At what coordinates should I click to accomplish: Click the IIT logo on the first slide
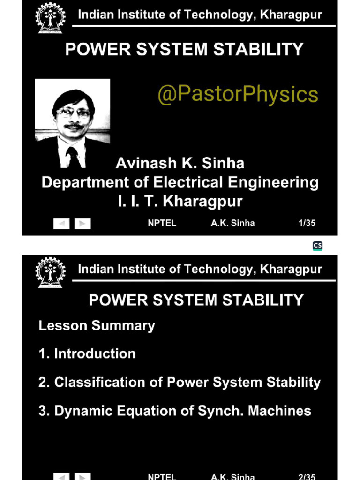point(49,18)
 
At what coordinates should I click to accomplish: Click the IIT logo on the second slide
point(49,272)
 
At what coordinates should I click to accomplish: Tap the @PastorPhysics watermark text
point(238,94)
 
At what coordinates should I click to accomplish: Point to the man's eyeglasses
point(74,112)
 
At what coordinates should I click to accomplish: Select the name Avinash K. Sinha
point(180,163)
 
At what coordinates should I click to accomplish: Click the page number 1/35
point(307,223)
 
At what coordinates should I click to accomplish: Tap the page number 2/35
point(307,477)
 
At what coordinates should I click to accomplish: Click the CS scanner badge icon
point(317,246)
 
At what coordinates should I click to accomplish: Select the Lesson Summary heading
point(97,325)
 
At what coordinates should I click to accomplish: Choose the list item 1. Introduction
point(87,353)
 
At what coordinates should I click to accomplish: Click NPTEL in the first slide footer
point(162,223)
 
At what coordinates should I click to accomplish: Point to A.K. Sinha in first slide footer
point(232,223)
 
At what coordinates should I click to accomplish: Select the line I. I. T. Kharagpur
point(180,201)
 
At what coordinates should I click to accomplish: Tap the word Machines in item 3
point(279,411)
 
